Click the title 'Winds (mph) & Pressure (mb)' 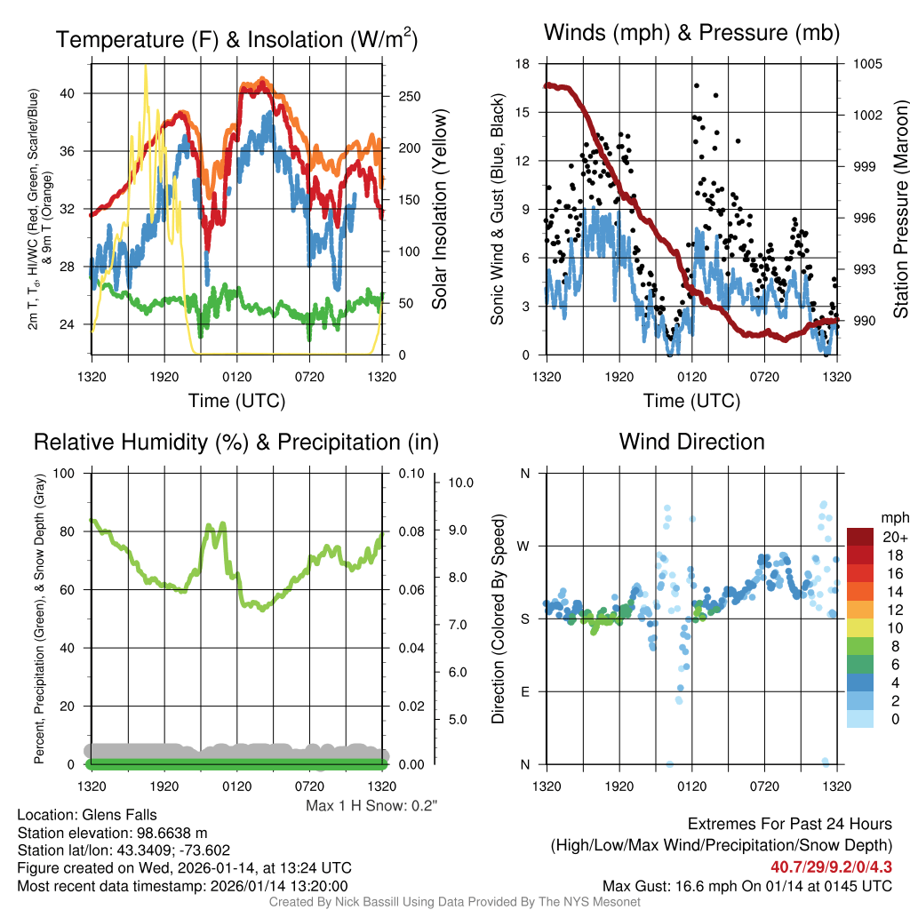pyautogui.click(x=691, y=34)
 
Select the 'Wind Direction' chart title pyautogui.click(x=691, y=442)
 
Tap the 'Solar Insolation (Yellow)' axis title pyautogui.click(x=440, y=210)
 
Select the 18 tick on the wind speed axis pyautogui.click(x=523, y=64)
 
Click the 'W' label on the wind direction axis pyautogui.click(x=524, y=546)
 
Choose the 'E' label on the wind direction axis pyautogui.click(x=524, y=691)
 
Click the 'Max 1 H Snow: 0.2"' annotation pyautogui.click(x=371, y=806)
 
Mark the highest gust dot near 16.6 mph pyautogui.click(x=697, y=86)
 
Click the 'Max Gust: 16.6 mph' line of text pyautogui.click(x=746, y=886)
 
